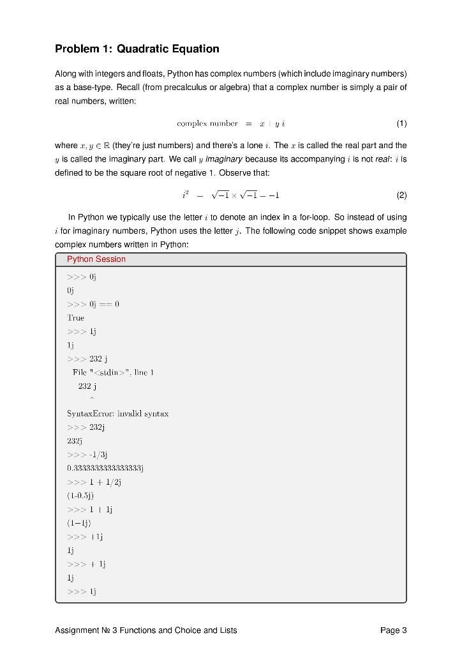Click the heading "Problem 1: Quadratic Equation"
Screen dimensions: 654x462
click(x=137, y=49)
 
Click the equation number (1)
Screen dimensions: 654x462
click(x=401, y=123)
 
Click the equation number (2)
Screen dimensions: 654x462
click(x=401, y=195)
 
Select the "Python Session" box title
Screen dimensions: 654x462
click(x=96, y=259)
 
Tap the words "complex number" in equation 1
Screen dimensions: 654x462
click(x=207, y=123)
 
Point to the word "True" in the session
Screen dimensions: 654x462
click(x=75, y=317)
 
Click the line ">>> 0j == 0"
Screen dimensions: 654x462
click(x=93, y=304)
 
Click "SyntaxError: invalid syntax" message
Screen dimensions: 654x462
click(x=117, y=414)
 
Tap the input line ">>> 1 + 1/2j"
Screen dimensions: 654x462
click(x=94, y=482)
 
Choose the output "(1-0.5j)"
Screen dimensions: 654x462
click(x=80, y=496)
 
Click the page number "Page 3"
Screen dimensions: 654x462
click(x=393, y=630)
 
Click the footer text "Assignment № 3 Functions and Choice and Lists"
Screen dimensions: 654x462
click(x=146, y=630)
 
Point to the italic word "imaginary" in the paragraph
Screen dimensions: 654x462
click(x=223, y=159)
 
